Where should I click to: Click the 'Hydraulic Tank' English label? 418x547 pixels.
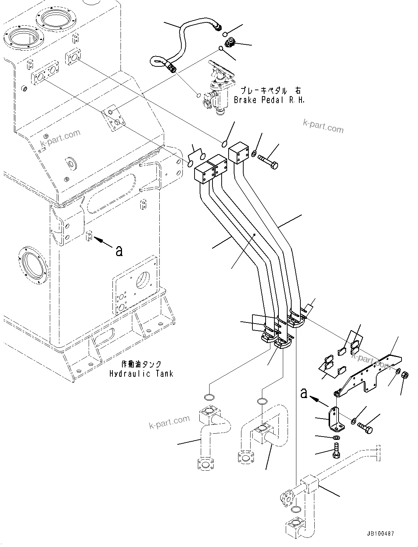coord(141,374)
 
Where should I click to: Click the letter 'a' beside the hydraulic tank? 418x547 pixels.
coord(119,251)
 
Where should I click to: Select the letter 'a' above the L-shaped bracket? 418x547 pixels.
coord(304,394)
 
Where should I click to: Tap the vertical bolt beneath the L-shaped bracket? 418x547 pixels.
coord(336,451)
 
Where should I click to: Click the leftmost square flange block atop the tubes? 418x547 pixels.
coord(204,172)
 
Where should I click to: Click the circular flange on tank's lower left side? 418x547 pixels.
coord(33,263)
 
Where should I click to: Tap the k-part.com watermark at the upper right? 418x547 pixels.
coord(323,127)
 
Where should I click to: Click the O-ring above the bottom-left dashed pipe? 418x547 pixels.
coord(208,397)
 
